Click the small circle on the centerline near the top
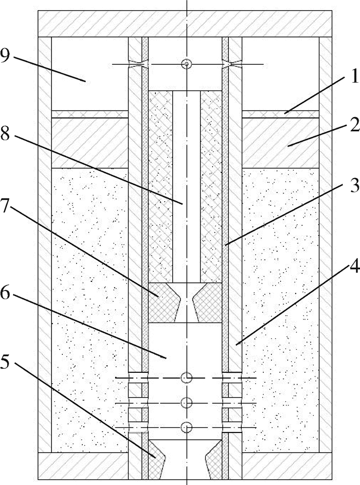tap(186, 64)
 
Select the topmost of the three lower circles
tap(187, 379)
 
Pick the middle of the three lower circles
tap(187, 403)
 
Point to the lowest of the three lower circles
tap(187, 427)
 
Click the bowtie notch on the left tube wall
tap(138, 64)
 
